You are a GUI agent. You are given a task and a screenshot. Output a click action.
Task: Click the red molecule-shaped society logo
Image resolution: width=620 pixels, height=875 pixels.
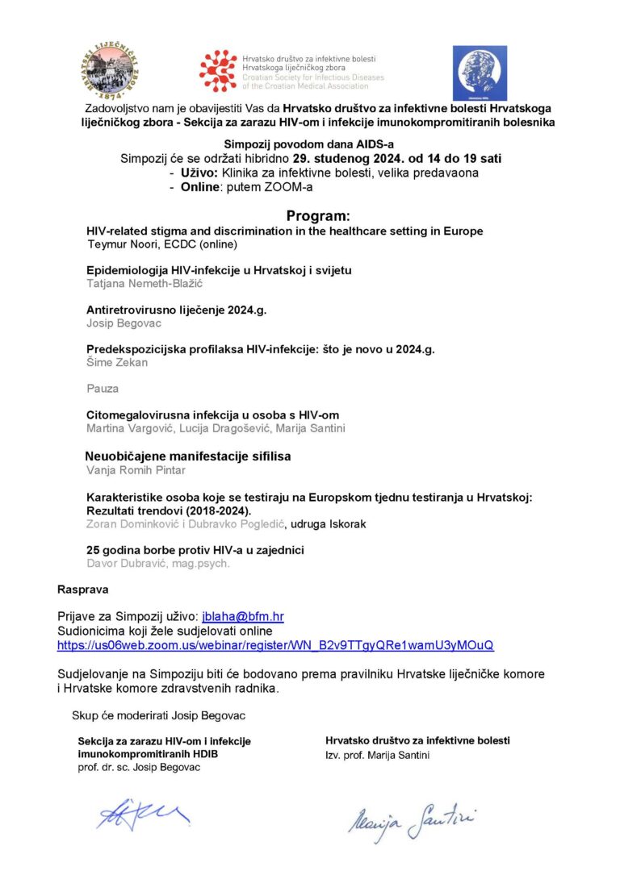(219, 70)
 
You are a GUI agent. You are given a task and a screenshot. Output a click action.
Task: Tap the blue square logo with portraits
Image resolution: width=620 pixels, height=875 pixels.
(480, 73)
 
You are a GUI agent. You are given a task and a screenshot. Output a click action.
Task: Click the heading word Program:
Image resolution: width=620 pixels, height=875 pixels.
(319, 216)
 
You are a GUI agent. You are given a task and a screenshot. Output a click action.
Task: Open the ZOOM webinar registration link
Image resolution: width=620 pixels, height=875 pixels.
(275, 645)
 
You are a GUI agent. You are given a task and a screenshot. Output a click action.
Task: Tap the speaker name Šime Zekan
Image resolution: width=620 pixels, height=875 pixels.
(117, 362)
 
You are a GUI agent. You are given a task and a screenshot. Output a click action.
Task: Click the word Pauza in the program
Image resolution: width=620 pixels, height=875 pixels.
(103, 389)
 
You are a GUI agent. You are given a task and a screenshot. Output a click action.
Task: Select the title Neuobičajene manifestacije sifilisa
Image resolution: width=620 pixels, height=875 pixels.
(189, 456)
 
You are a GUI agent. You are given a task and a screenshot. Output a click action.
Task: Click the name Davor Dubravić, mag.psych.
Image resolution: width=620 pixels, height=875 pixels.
(158, 563)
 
